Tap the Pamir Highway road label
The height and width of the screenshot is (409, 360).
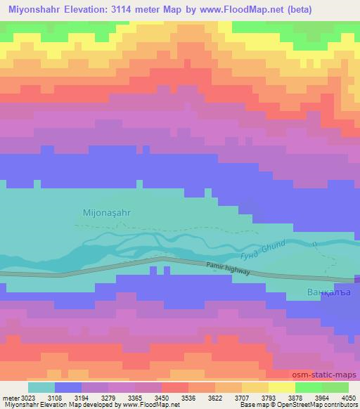tap(229, 268)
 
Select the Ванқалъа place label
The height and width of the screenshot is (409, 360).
tap(330, 292)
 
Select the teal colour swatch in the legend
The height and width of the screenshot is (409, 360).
tap(41, 387)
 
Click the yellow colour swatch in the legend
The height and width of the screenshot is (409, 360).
tap(282, 387)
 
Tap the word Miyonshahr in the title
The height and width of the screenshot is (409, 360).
tap(38, 11)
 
